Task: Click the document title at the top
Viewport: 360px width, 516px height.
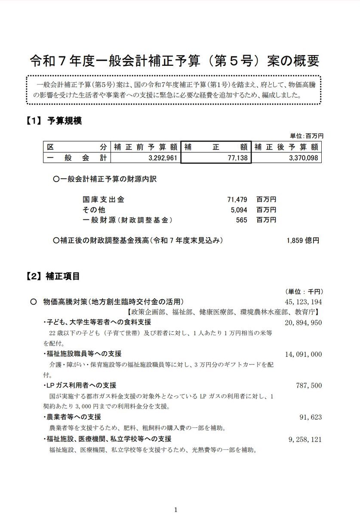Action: click(x=175, y=61)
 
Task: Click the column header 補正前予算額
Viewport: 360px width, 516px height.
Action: click(x=145, y=147)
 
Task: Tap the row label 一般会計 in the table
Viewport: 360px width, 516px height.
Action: click(x=77, y=158)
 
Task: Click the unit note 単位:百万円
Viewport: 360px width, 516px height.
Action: click(x=308, y=136)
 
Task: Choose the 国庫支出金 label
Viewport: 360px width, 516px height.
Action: click(x=103, y=200)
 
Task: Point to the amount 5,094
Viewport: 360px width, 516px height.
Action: click(x=239, y=210)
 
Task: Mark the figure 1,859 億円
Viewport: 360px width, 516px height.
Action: click(x=302, y=241)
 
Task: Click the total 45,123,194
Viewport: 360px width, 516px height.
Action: click(x=303, y=302)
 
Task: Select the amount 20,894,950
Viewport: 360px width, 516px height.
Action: click(x=303, y=322)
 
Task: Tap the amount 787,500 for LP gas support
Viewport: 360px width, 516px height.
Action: click(x=309, y=386)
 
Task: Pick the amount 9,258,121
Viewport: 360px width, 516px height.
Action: click(x=305, y=439)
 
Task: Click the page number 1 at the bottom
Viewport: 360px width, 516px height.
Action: click(x=176, y=510)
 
